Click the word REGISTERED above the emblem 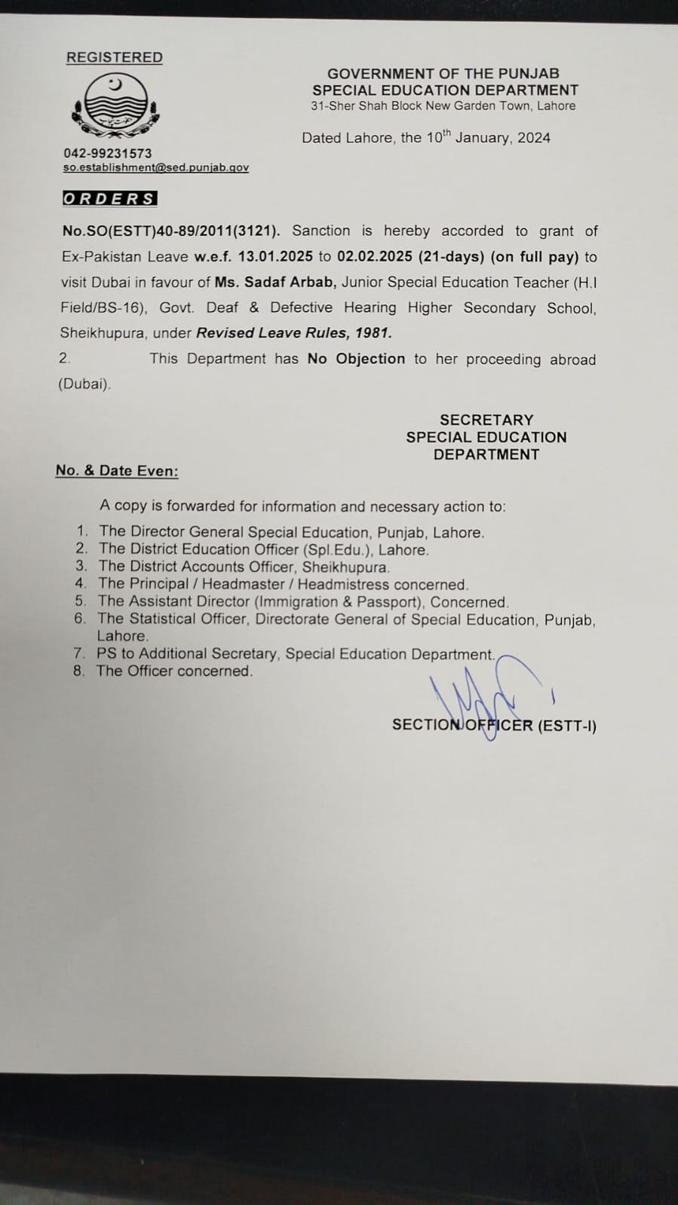[x=115, y=57]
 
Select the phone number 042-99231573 [x=107, y=153]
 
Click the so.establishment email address [x=155, y=167]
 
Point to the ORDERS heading [x=109, y=199]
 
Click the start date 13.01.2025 [x=275, y=256]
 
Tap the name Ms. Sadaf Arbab [x=275, y=282]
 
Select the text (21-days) [x=451, y=256]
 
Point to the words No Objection [x=356, y=359]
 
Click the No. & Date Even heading [x=117, y=471]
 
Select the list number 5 [x=81, y=601]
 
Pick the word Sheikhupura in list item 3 [x=345, y=567]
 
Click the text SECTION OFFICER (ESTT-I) [x=494, y=726]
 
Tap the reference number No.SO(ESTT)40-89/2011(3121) [x=170, y=231]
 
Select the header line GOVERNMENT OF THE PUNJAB [x=443, y=74]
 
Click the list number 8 [x=78, y=671]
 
